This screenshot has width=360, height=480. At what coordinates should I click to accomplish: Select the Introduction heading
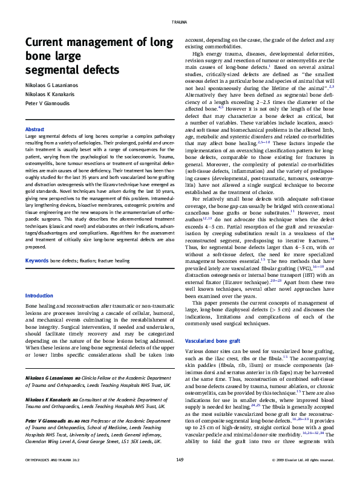[x=39, y=296]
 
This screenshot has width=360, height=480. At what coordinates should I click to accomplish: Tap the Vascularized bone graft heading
[x=212, y=341]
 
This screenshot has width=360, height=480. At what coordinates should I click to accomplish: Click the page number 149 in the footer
[x=180, y=460]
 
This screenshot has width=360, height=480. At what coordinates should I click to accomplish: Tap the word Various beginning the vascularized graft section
[x=195, y=351]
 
